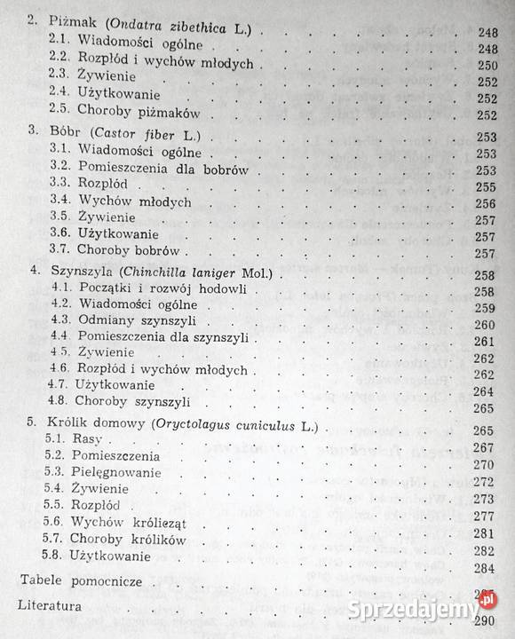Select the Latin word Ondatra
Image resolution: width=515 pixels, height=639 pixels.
tap(131, 29)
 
